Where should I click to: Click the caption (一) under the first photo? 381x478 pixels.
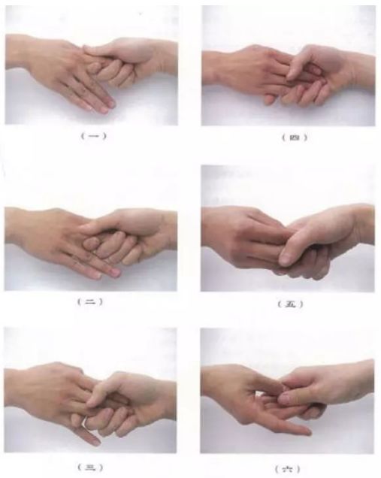click(94, 136)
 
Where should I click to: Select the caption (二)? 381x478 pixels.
click(90, 302)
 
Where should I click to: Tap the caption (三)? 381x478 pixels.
click(90, 467)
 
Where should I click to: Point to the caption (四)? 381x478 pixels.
click(295, 138)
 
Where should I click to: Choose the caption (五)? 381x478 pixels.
click(291, 304)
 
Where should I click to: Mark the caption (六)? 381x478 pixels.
click(288, 468)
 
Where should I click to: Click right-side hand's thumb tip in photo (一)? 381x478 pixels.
click(87, 48)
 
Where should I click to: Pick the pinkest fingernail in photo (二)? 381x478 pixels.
click(115, 271)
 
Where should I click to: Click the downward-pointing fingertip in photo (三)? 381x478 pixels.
click(96, 441)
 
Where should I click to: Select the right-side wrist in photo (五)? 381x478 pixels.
click(361, 225)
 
